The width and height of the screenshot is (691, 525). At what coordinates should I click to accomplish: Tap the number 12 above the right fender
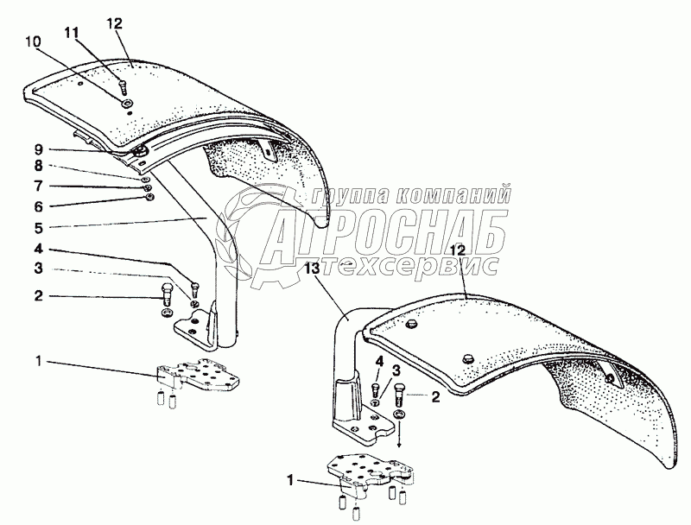point(459,249)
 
